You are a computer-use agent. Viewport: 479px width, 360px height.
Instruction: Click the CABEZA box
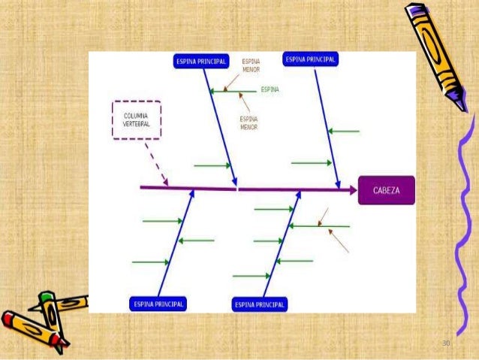pyautogui.click(x=386, y=190)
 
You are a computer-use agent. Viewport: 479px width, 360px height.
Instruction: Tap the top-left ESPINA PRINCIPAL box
pyautogui.click(x=200, y=61)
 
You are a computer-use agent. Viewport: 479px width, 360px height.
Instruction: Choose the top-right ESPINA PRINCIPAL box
pyautogui.click(x=310, y=59)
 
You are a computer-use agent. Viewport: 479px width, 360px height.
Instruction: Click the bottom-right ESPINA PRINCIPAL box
pyautogui.click(x=260, y=304)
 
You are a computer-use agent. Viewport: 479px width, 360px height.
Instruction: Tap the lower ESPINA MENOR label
pyautogui.click(x=249, y=123)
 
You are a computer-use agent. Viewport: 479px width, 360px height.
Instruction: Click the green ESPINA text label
pyautogui.click(x=270, y=89)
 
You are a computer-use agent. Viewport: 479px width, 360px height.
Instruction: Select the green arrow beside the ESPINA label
pyautogui.click(x=233, y=91)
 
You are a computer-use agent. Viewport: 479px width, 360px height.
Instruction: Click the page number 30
pyautogui.click(x=446, y=343)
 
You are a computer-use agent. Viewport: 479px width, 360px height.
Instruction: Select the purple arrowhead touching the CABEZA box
pyautogui.click(x=351, y=190)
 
